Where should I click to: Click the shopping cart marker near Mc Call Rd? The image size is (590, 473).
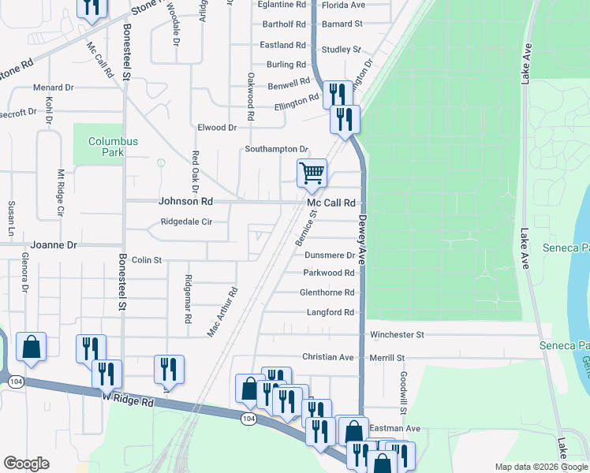click(312, 173)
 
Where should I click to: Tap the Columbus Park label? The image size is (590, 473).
click(113, 147)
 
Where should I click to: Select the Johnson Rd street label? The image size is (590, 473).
click(186, 202)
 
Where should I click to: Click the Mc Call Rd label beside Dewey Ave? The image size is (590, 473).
click(331, 203)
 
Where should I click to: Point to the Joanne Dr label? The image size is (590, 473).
click(54, 245)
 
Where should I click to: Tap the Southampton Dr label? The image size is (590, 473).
click(275, 149)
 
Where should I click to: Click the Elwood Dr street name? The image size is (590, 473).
click(217, 128)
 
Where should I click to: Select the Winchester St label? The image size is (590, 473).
click(397, 335)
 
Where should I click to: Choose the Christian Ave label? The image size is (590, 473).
click(328, 357)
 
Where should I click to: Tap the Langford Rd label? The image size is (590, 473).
click(329, 313)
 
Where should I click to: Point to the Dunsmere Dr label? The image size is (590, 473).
click(329, 255)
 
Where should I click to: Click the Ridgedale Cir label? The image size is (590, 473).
click(186, 222)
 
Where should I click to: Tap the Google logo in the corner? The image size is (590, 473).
click(26, 464)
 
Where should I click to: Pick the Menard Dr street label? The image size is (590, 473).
click(53, 88)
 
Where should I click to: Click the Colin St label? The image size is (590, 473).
click(147, 259)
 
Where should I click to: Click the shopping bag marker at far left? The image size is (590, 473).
click(31, 347)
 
